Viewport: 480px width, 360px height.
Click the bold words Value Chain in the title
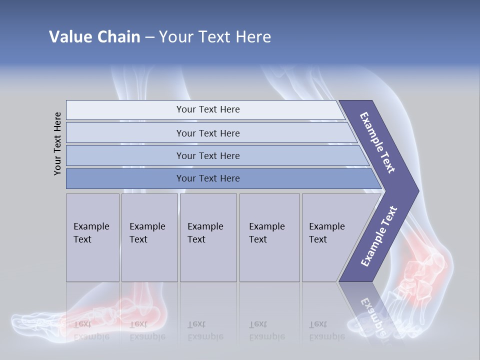pos(94,37)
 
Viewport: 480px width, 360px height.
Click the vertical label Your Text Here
pos(57,143)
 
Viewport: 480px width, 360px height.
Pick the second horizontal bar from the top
pos(208,133)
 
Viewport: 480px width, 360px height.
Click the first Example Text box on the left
pos(92,237)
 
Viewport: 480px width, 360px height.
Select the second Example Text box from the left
pos(149,237)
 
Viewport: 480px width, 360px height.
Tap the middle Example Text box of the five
pos(208,237)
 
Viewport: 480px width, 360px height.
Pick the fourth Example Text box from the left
pos(269,237)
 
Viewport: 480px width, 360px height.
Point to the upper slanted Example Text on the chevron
pos(378,142)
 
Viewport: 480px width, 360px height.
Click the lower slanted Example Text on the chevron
pos(379,236)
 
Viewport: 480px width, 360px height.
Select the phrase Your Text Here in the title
pos(215,37)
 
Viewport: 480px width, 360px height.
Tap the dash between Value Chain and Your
pos(149,37)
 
